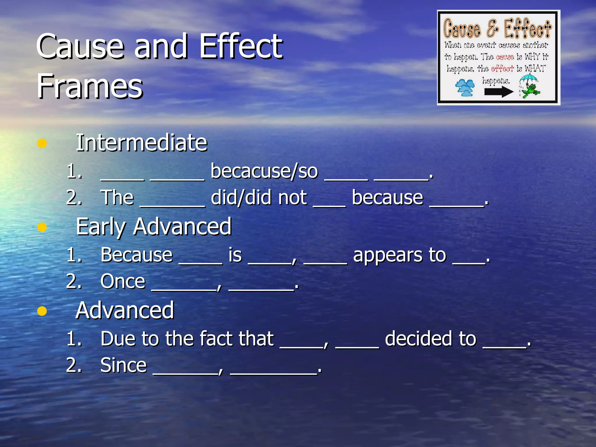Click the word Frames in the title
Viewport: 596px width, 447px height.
(x=90, y=86)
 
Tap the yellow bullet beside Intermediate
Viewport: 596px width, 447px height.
(x=42, y=143)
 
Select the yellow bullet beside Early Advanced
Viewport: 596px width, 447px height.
(x=42, y=227)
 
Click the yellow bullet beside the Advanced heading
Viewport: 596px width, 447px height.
(x=42, y=311)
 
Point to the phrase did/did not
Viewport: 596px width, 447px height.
(x=258, y=198)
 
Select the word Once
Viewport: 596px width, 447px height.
(x=123, y=281)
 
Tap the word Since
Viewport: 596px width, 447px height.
(x=123, y=365)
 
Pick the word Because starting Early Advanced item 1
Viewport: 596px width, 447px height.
(x=136, y=255)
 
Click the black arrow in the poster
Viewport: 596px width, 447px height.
(x=499, y=92)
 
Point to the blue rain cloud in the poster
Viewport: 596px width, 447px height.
(x=465, y=88)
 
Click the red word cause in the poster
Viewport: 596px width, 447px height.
(x=505, y=57)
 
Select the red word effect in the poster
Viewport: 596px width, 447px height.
(x=502, y=69)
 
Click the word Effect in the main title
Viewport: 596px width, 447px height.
(x=241, y=46)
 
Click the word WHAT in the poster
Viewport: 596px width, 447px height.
(x=535, y=69)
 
